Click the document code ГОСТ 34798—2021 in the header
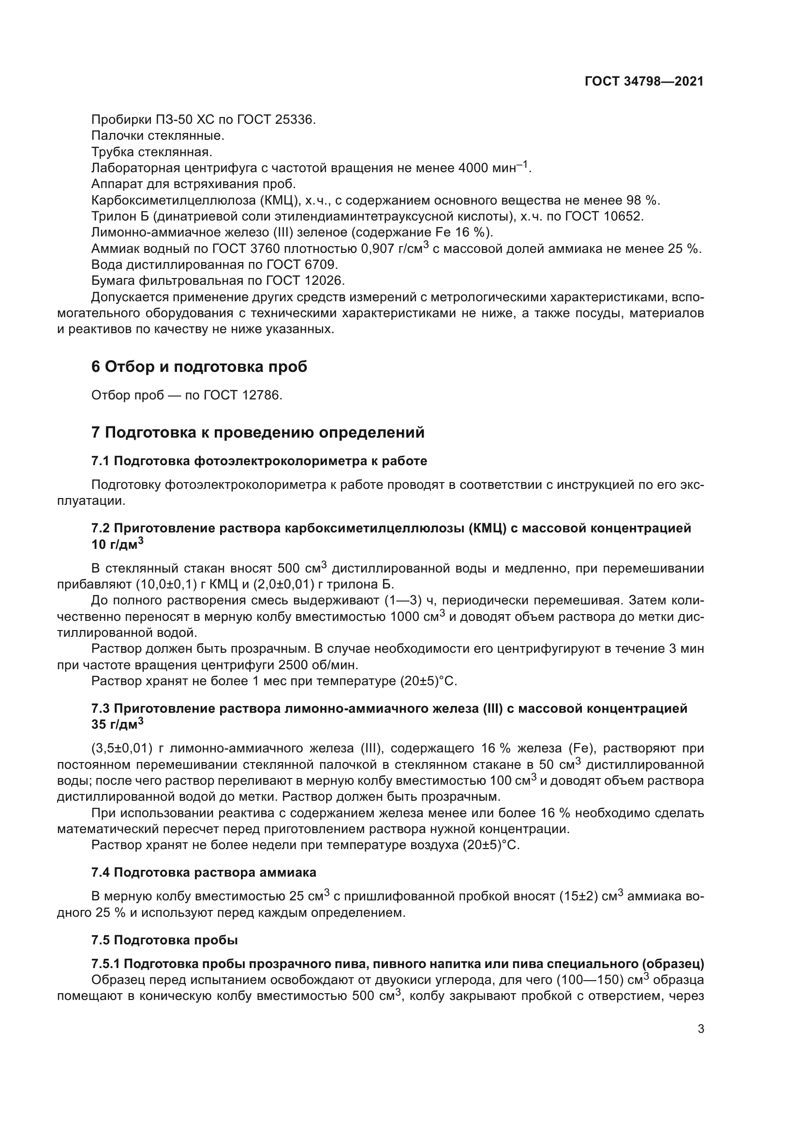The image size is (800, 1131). click(644, 82)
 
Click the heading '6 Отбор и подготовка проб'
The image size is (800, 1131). click(199, 367)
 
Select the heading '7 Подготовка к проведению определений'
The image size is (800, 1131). click(258, 432)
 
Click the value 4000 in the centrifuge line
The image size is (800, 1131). click(474, 168)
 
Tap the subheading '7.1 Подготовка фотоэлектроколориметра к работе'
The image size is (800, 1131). click(259, 461)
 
